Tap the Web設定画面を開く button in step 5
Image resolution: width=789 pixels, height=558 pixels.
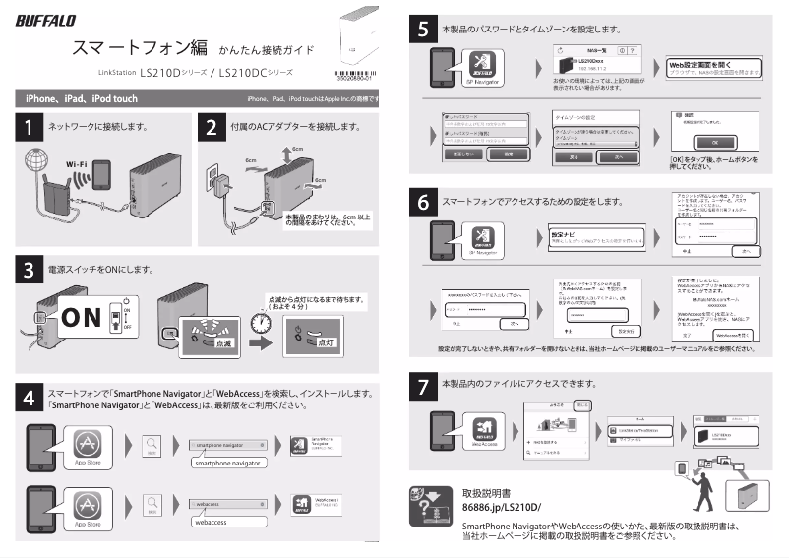pos(712,64)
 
